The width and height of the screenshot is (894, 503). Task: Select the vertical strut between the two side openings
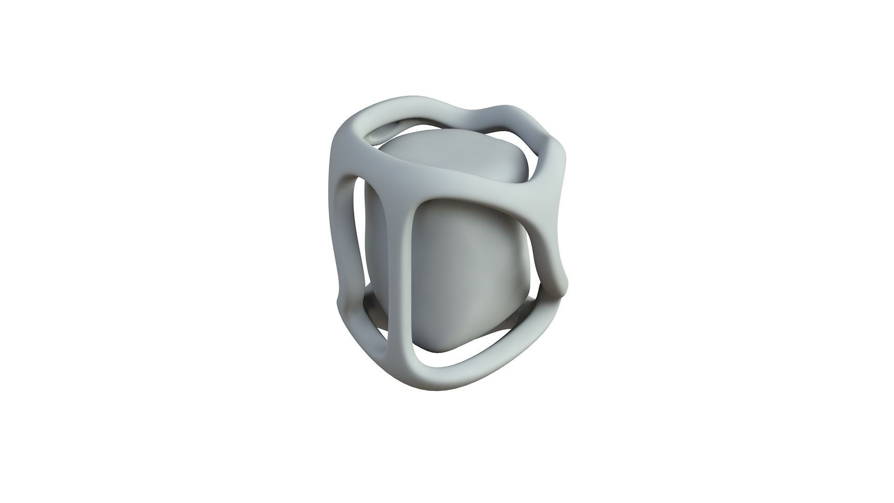[x=400, y=261]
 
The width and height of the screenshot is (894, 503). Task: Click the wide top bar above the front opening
[x=466, y=184]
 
